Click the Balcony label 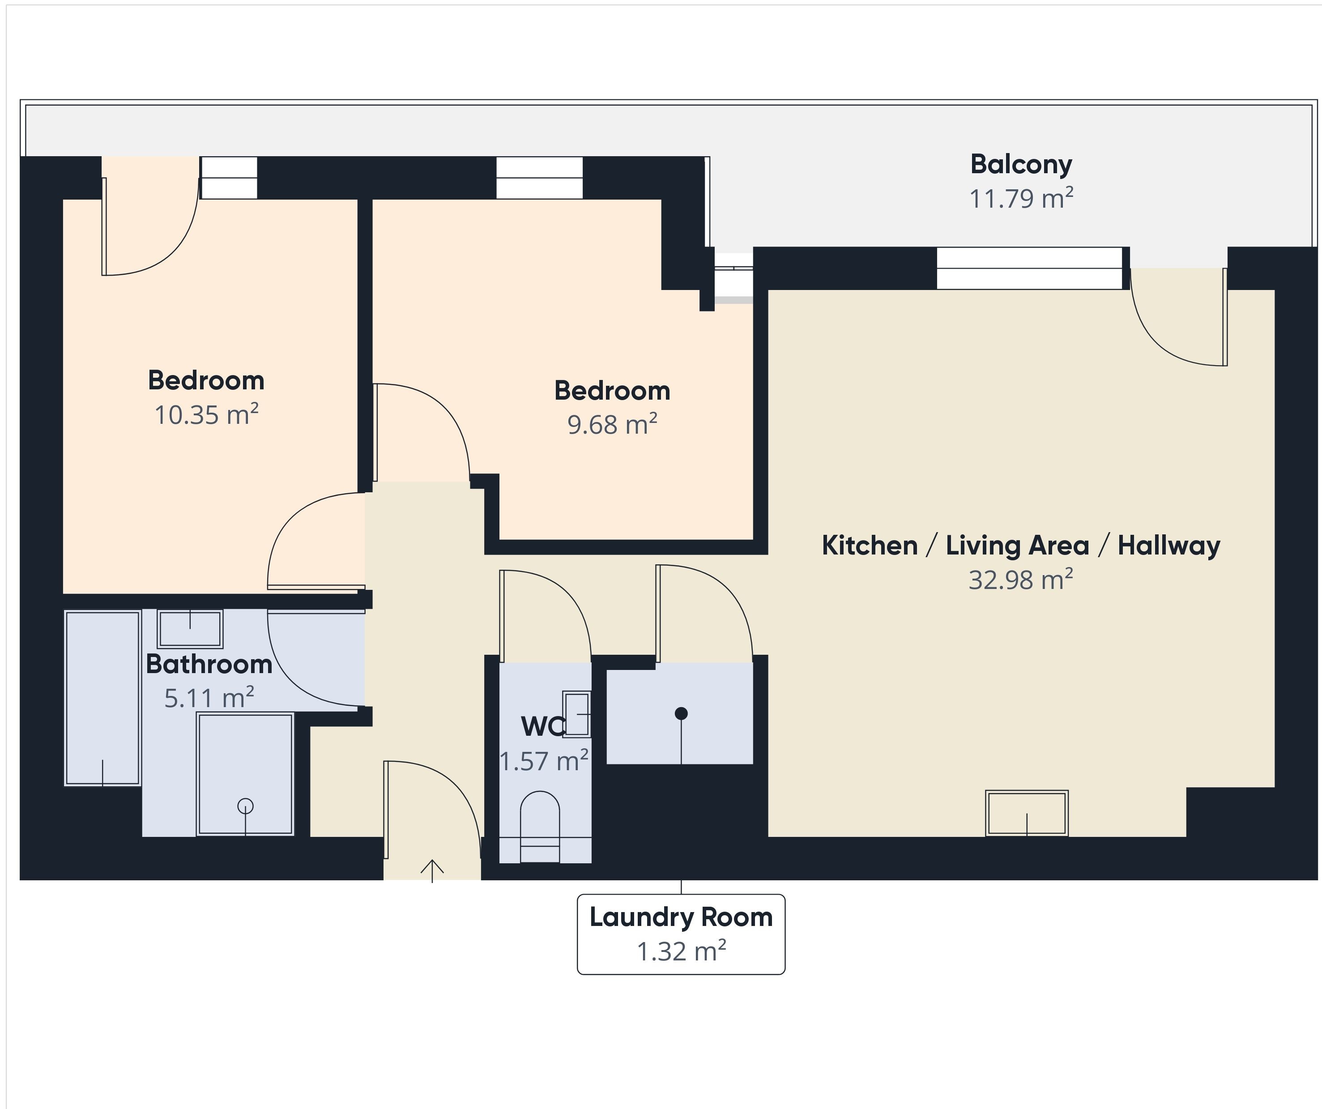1021,165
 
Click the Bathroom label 209,664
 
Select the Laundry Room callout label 681,917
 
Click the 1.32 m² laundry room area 681,951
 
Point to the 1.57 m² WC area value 544,761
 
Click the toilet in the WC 540,827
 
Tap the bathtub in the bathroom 102,698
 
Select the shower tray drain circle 246,806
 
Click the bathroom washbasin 190,628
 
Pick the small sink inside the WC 577,714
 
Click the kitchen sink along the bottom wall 1027,813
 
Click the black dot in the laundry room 681,713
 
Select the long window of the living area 1030,268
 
